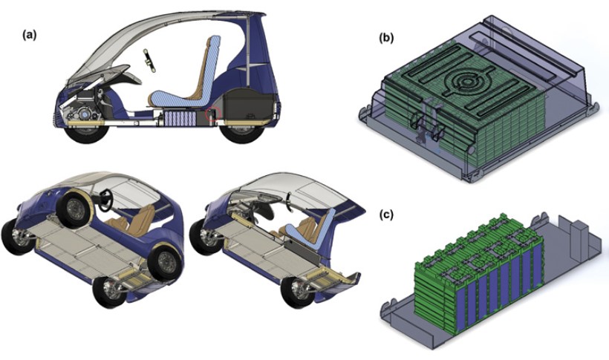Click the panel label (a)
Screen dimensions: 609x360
30,35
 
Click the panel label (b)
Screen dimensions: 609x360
386,38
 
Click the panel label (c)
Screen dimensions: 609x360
386,215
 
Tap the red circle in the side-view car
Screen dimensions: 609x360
213,114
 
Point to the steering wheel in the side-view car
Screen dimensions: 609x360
149,61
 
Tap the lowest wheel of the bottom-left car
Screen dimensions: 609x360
109,289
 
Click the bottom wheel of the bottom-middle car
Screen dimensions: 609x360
299,289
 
